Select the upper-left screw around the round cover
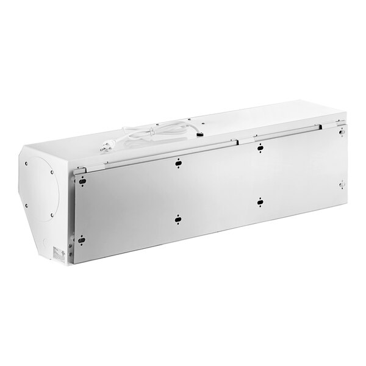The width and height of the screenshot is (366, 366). click(x=27, y=163)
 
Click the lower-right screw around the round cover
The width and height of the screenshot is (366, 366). click(x=53, y=215)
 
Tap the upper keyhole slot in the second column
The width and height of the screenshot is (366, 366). click(x=178, y=162)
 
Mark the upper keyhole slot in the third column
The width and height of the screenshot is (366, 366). click(x=260, y=147)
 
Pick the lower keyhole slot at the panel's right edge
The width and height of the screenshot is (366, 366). click(x=342, y=183)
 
